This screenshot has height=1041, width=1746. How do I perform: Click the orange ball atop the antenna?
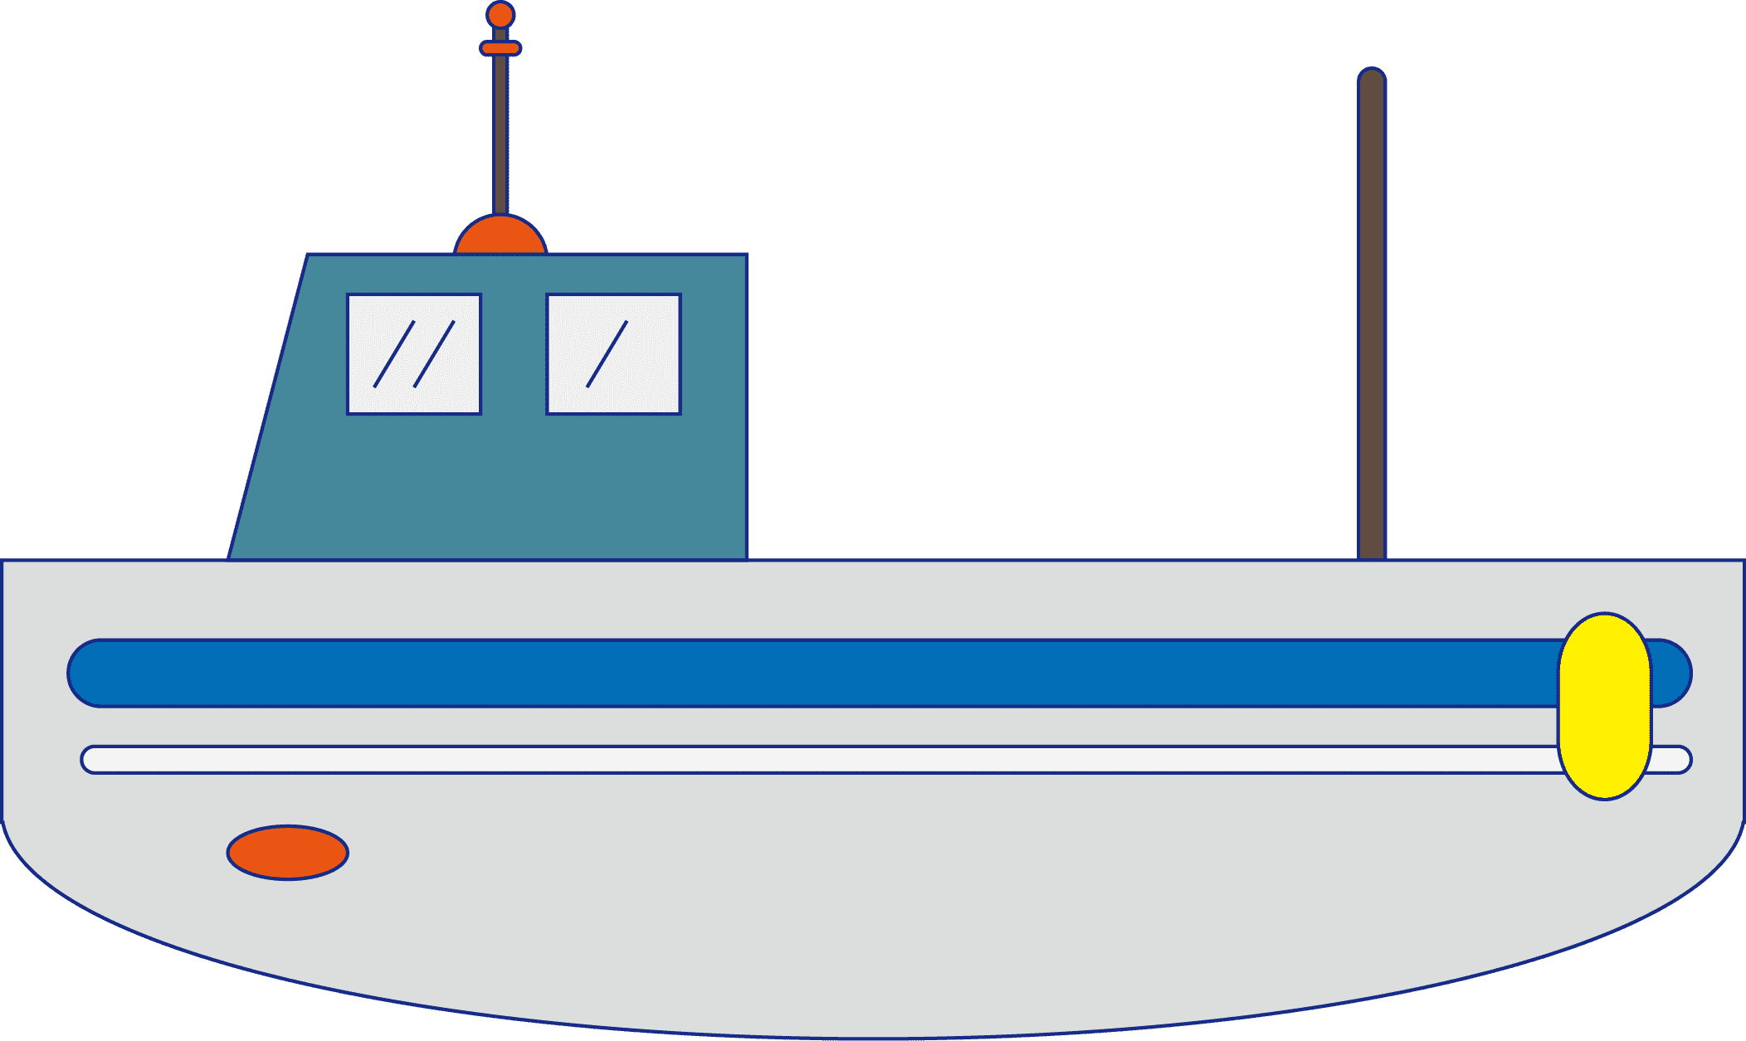[x=500, y=15]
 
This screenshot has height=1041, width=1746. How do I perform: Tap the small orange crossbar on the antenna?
[x=500, y=48]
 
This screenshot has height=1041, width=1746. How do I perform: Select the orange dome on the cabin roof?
[x=500, y=237]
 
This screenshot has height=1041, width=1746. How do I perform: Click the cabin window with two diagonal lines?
[x=414, y=354]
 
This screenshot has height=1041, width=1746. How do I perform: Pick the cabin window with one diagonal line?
[x=613, y=354]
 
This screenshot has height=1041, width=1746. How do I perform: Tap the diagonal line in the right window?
[x=607, y=354]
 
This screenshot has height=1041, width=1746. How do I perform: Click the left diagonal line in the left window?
[x=394, y=354]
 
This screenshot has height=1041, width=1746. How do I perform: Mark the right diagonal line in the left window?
[x=434, y=354]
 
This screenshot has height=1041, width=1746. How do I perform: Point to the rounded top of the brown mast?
[x=1372, y=76]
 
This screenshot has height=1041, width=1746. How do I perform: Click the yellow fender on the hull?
[x=1604, y=706]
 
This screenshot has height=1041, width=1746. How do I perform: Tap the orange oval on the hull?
[x=287, y=852]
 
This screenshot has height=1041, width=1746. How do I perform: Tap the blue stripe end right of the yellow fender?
[x=1670, y=673]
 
